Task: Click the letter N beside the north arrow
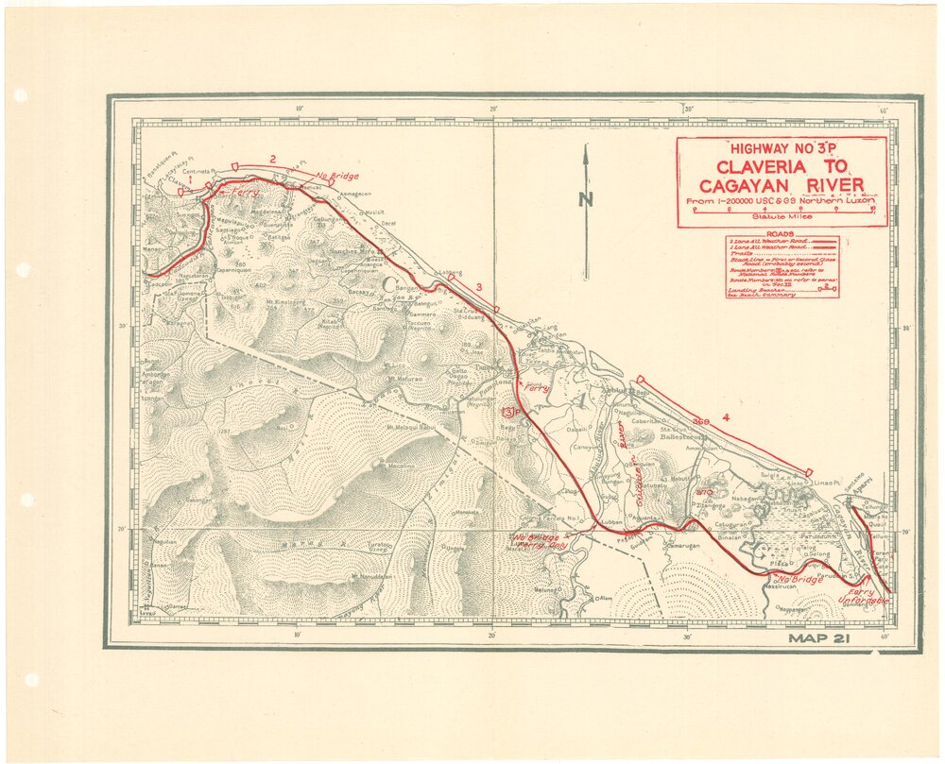pos(586,199)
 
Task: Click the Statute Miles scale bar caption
pos(781,217)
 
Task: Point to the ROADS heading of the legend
pos(780,234)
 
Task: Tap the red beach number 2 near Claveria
pos(272,159)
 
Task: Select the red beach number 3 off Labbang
pos(480,287)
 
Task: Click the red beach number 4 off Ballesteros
pos(726,416)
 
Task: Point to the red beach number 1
pos(190,178)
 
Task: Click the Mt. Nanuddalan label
pos(370,576)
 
